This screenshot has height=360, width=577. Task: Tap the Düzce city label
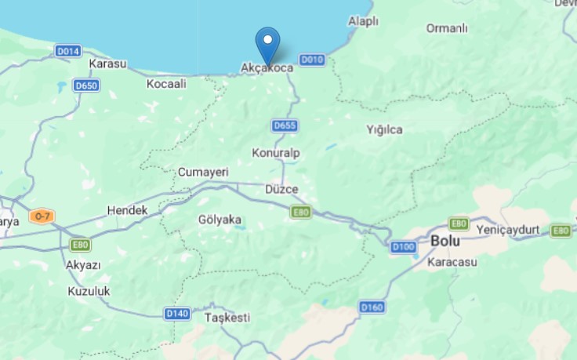(281, 190)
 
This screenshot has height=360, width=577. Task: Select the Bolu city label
(445, 241)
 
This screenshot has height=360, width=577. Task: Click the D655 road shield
(285, 125)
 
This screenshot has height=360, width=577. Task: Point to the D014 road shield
(68, 51)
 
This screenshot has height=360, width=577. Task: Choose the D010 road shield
(312, 60)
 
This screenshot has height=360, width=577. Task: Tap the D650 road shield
(85, 85)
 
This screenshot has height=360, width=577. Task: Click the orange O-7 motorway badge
(42, 216)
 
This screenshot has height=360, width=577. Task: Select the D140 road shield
(177, 314)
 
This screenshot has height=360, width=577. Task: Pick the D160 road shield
(372, 307)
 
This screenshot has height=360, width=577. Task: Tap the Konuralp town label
(276, 152)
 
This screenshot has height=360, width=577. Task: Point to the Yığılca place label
(385, 129)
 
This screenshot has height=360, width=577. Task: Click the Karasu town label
(108, 64)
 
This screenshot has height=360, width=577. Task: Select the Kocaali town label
(166, 83)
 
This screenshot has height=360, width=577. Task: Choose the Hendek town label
(127, 211)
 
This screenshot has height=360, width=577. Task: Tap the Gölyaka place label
(220, 220)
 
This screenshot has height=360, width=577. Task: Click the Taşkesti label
(227, 318)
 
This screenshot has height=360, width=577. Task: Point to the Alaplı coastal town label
(363, 21)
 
